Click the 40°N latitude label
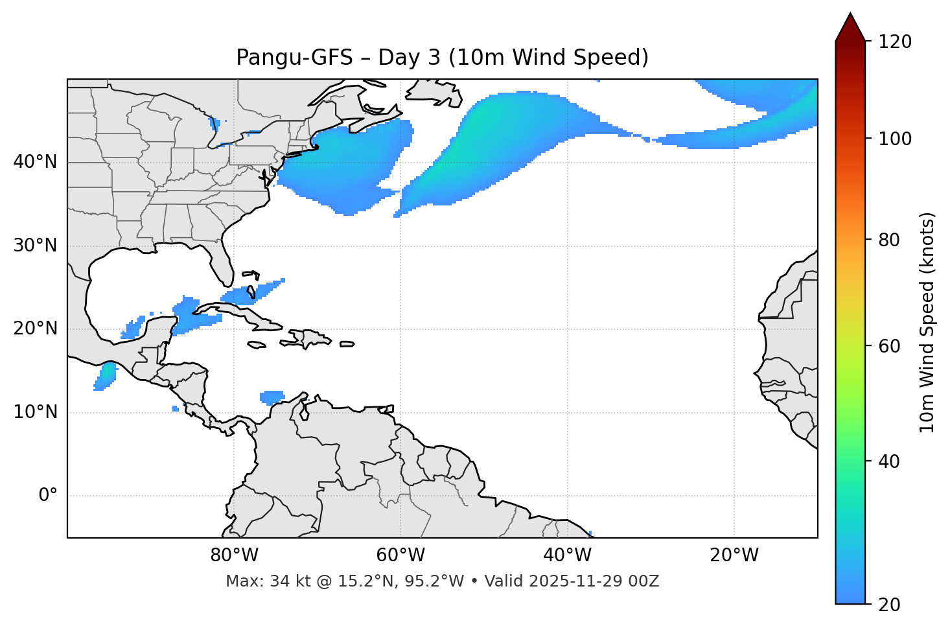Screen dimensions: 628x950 [35, 162]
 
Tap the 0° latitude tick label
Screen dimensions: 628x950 [48, 496]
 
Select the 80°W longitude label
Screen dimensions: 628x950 [234, 555]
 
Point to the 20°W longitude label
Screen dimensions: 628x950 [734, 555]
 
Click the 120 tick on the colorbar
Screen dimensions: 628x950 [894, 42]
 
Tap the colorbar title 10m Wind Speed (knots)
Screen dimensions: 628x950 [927, 322]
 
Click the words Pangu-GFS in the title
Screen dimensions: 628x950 [294, 58]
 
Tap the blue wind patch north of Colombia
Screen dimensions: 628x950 [272, 397]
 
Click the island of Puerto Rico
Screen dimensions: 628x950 [347, 344]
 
